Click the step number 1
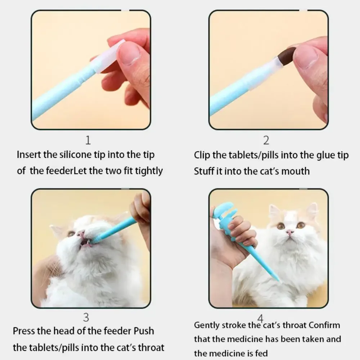tap(88, 140)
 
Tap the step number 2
tap(266, 140)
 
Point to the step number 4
tap(260, 318)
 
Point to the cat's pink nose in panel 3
tap(81, 234)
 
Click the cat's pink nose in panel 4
tap(290, 232)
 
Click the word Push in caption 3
tap(144, 331)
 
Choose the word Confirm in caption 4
tap(324, 325)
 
